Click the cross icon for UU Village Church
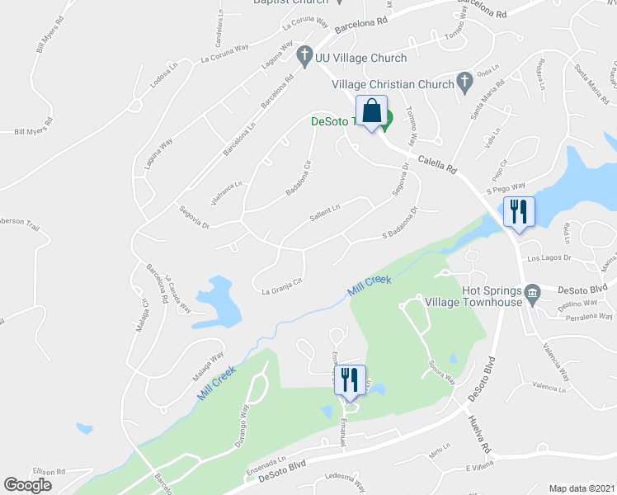[x=303, y=56]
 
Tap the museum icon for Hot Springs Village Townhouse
[x=532, y=293]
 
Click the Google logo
[x=28, y=485]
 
